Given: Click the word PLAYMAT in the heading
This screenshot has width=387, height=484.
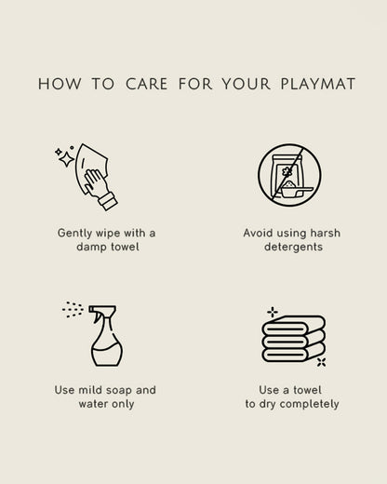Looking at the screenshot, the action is pyautogui.click(x=318, y=84).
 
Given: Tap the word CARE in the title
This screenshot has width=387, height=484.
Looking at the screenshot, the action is pyautogui.click(x=147, y=84).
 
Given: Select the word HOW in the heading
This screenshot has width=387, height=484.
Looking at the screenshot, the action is pyautogui.click(x=60, y=84).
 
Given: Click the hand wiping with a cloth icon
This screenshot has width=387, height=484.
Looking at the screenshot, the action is pyautogui.click(x=87, y=177).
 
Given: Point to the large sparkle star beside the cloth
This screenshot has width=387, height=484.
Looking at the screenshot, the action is pyautogui.click(x=66, y=159).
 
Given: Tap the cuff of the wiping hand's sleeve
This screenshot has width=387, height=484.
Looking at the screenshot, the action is pyautogui.click(x=108, y=201).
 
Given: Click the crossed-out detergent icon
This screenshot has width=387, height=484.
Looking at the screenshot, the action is pyautogui.click(x=289, y=175).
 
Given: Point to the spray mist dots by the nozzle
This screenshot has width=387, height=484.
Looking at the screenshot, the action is pyautogui.click(x=73, y=310).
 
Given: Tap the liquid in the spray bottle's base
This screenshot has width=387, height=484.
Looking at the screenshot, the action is pyautogui.click(x=107, y=355).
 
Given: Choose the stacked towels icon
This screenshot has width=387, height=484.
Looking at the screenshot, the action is pyautogui.click(x=293, y=338).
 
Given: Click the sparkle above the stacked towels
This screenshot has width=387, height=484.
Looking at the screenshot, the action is pyautogui.click(x=273, y=312).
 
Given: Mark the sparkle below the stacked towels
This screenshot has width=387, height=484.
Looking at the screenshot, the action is pyautogui.click(x=322, y=362).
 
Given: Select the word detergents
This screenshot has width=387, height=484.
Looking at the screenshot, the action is pyautogui.click(x=293, y=247).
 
